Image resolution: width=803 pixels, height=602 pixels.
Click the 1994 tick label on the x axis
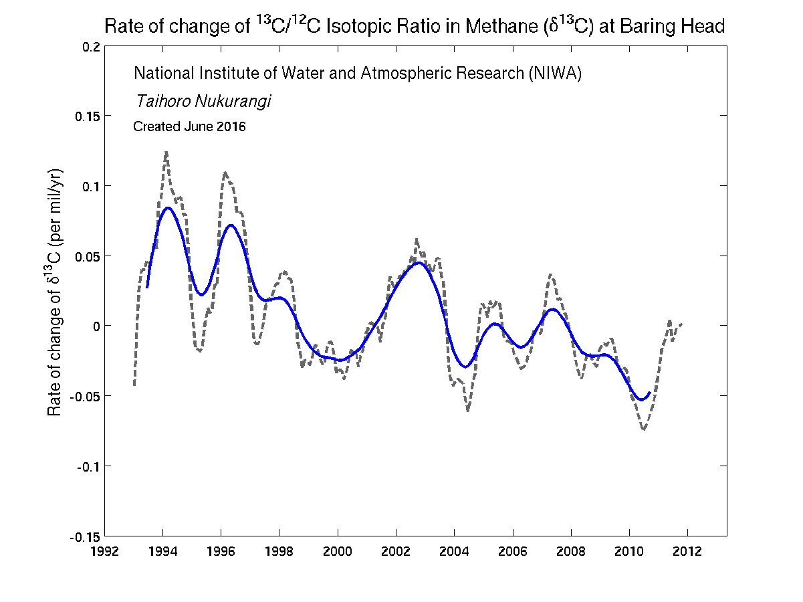pyautogui.click(x=162, y=551)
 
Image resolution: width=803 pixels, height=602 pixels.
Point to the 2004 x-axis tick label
pyautogui.click(x=454, y=551)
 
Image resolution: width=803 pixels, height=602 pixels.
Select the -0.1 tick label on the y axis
pyautogui.click(x=89, y=466)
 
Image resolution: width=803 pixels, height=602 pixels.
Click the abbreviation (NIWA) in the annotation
pyautogui.click(x=554, y=74)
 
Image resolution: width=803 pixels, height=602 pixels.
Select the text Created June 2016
pyautogui.click(x=189, y=126)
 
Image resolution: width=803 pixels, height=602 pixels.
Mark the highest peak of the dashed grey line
pyautogui.click(x=166, y=152)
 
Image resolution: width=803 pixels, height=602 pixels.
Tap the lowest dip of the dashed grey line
pyautogui.click(x=643, y=429)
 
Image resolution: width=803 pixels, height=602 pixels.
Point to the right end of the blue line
pyautogui.click(x=649, y=393)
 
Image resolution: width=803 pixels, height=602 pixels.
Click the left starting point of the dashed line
pyautogui.click(x=134, y=385)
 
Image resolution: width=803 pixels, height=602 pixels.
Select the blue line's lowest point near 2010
pyautogui.click(x=641, y=400)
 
